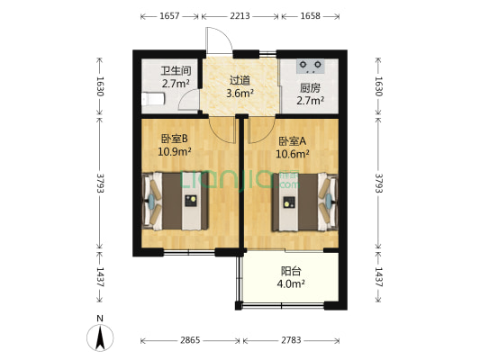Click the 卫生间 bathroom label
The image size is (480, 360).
point(176,70)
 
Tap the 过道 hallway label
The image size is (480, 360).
point(240,79)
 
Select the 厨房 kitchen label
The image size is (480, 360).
point(310,88)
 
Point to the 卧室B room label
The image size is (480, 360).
point(174,139)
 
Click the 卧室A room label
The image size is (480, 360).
point(292,141)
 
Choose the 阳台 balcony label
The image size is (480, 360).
point(290,271)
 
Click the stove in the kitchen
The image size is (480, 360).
point(312,65)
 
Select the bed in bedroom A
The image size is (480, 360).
point(301,202)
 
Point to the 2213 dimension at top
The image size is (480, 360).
point(240,16)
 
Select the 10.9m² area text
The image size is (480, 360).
point(175,151)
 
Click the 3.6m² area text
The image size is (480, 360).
point(240,92)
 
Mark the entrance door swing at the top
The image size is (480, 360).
point(219,40)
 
